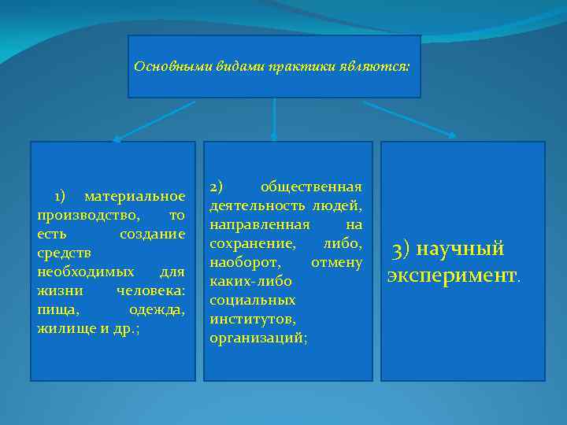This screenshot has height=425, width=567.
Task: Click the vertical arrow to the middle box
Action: pyautogui.click(x=273, y=119)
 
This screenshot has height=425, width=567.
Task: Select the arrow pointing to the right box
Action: pyautogui.click(x=409, y=119)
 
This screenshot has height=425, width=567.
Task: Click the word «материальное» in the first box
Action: pyautogui.click(x=135, y=195)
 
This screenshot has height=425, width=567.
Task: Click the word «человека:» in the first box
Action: pyautogui.click(x=150, y=290)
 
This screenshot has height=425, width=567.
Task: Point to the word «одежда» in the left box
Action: pyautogui.click(x=158, y=309)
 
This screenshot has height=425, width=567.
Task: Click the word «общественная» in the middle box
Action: pyautogui.click(x=311, y=187)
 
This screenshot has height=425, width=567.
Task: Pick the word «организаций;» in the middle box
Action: pyautogui.click(x=259, y=338)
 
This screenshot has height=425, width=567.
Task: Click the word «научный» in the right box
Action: pyautogui.click(x=460, y=249)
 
